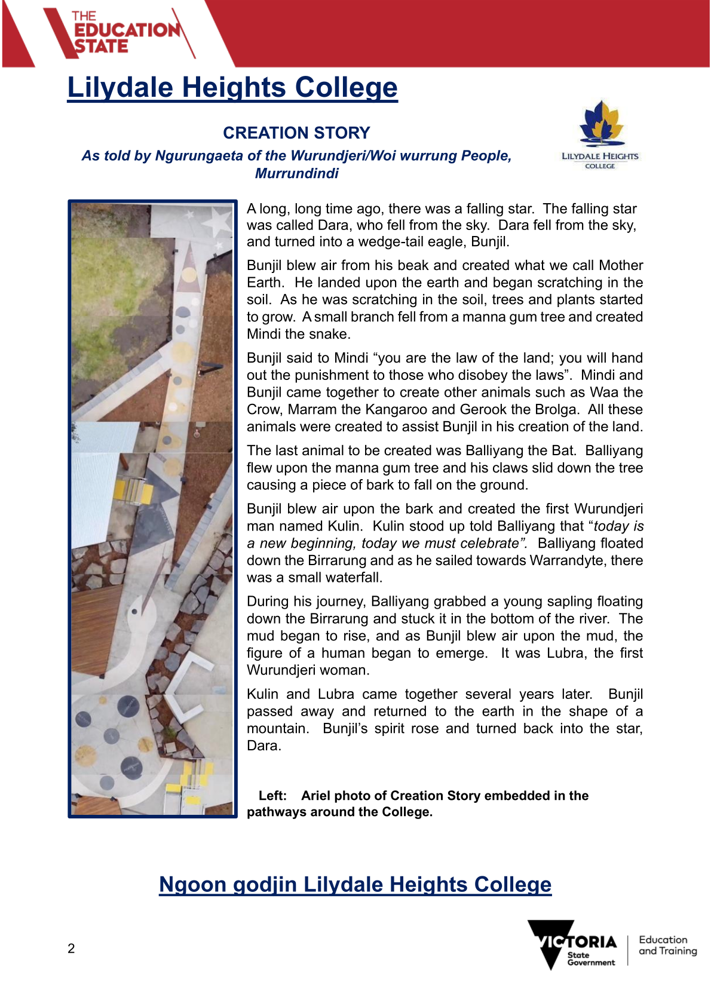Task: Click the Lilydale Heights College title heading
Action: coord(232,88)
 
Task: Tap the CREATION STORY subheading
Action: coord(296,133)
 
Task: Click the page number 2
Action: coord(71,949)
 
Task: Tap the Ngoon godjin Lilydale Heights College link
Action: coord(355,884)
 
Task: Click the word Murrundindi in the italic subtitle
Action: coord(296,173)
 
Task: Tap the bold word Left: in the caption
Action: coord(272,796)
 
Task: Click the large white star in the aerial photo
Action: coord(216,223)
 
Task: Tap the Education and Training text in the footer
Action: coord(667,945)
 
